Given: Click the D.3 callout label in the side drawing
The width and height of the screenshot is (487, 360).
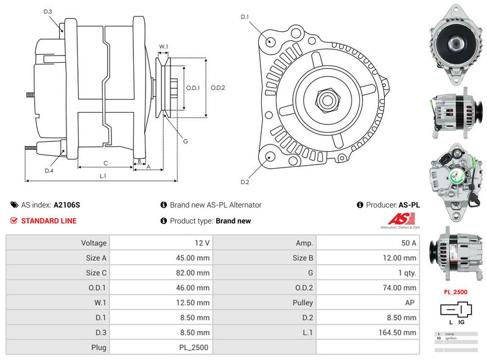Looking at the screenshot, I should [48, 12].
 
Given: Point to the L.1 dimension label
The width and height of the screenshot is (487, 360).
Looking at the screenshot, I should [103, 176].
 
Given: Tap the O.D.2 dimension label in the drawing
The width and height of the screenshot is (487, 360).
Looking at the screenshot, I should [218, 88].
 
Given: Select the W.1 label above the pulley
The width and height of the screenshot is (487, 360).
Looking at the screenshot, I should [163, 46].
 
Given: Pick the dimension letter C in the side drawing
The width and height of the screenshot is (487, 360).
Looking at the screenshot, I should [105, 163].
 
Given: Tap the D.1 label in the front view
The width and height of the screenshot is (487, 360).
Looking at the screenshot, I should [245, 17].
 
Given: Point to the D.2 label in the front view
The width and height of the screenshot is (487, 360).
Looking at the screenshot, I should [245, 182].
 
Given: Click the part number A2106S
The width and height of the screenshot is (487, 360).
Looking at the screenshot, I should [66, 205].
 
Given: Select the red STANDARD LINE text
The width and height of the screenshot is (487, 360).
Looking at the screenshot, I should [49, 221].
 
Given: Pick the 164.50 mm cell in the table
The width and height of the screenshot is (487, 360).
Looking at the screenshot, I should [402, 333].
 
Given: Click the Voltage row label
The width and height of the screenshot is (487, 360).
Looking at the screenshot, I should [94, 243].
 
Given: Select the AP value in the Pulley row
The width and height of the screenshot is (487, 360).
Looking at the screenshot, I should [411, 303].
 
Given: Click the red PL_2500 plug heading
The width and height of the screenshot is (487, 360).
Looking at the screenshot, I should [455, 292].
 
